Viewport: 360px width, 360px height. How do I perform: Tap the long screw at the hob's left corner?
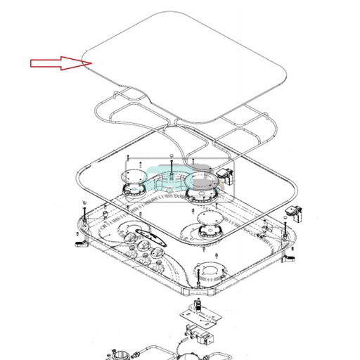coord(84,212)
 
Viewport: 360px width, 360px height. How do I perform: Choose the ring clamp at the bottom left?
coord(117,351)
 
